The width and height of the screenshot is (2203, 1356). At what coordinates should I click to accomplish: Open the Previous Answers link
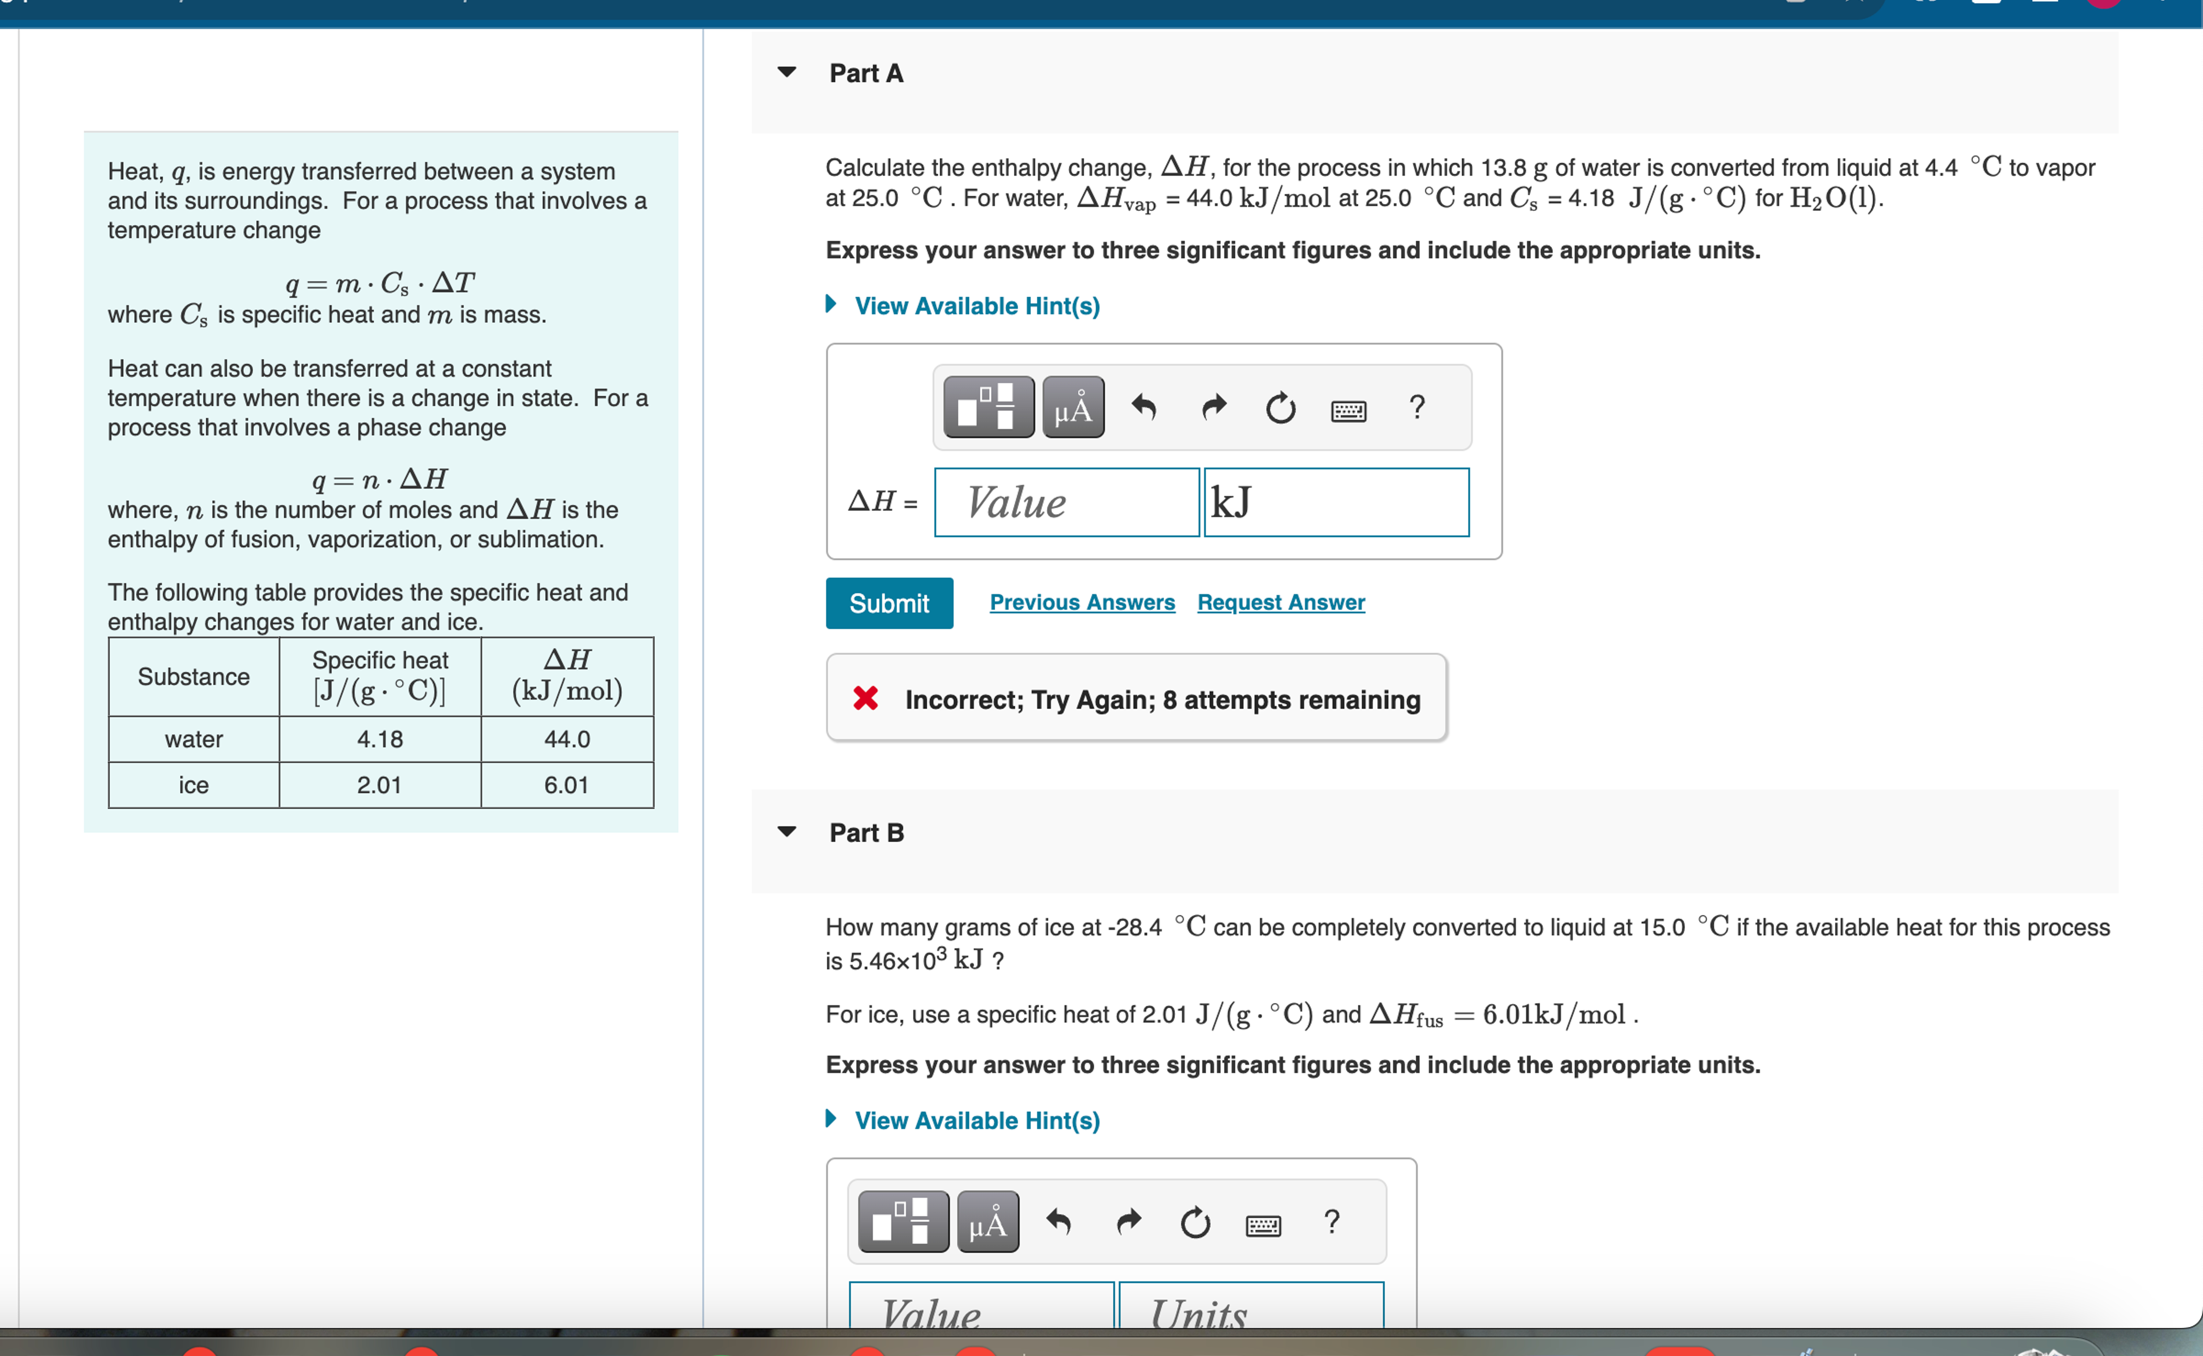click(1082, 603)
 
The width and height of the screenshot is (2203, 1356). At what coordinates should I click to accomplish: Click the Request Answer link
click(1280, 603)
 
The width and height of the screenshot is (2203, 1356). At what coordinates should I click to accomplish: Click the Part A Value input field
click(1066, 502)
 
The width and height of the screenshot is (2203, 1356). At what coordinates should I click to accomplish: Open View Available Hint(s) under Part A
click(977, 306)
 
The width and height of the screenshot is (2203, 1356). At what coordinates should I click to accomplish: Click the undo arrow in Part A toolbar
click(1143, 408)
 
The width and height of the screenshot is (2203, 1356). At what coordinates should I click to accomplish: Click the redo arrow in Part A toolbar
click(1213, 408)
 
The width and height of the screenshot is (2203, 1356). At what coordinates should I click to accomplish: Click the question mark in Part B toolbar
click(1332, 1222)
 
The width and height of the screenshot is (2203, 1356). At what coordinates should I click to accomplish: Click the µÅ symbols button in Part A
click(1072, 408)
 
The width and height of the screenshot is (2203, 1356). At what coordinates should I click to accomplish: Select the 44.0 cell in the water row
click(566, 739)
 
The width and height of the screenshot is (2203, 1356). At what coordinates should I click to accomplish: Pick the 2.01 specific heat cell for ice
click(379, 785)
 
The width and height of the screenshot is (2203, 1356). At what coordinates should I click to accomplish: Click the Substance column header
click(194, 676)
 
